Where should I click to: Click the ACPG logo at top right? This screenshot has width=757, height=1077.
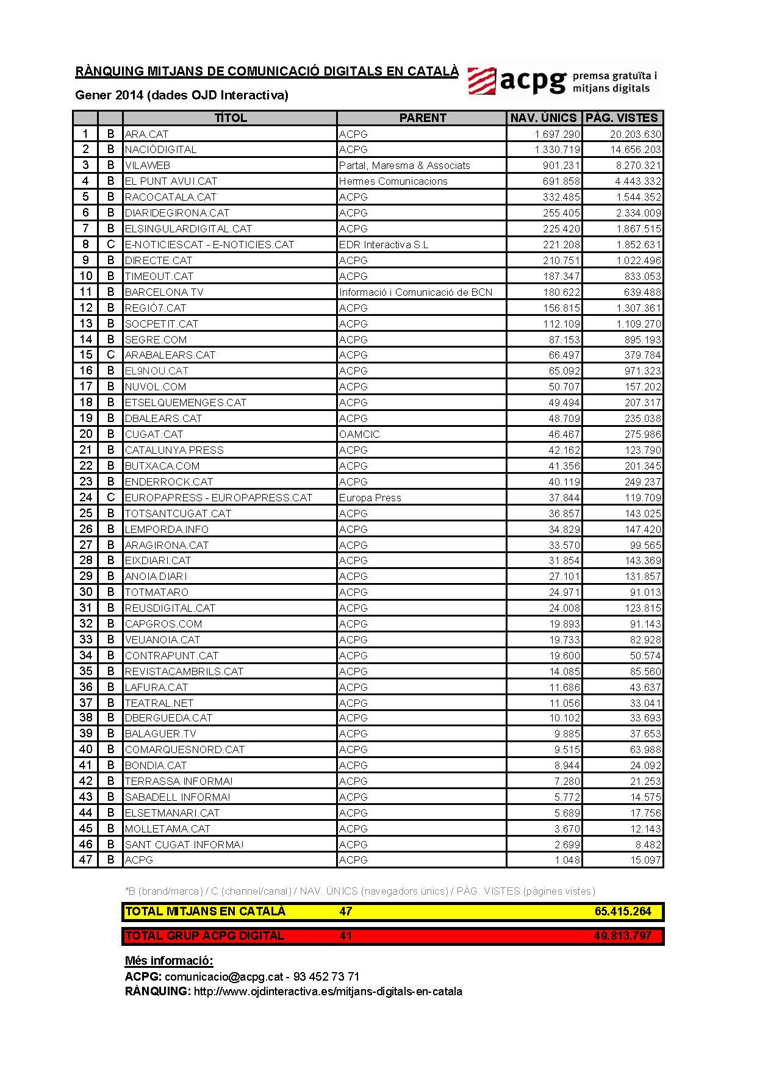[562, 81]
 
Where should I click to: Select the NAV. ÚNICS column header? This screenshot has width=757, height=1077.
[544, 118]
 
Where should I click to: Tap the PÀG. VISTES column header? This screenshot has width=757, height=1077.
[622, 118]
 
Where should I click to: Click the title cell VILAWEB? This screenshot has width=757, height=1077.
[148, 165]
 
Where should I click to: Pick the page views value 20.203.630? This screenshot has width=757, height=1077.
[635, 134]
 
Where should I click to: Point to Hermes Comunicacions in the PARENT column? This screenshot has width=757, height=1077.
[393, 181]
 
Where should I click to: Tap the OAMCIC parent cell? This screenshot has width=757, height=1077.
[359, 434]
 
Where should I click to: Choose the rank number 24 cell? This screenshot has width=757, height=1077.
[85, 497]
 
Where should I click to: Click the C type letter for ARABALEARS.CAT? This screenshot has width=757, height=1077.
[110, 355]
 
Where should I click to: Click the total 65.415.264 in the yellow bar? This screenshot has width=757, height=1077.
[623, 912]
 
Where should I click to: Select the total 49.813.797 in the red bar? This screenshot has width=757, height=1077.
[622, 936]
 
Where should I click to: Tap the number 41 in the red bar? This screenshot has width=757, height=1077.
[346, 936]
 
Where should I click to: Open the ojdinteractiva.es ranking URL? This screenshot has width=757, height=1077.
[328, 992]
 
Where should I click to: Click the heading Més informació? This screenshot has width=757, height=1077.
[169, 961]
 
